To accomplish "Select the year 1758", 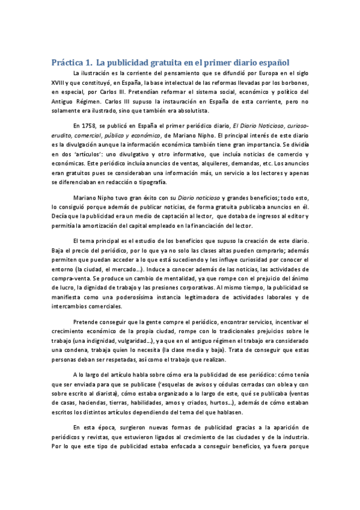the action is click(89, 126).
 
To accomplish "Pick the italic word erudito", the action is click(63, 135).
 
